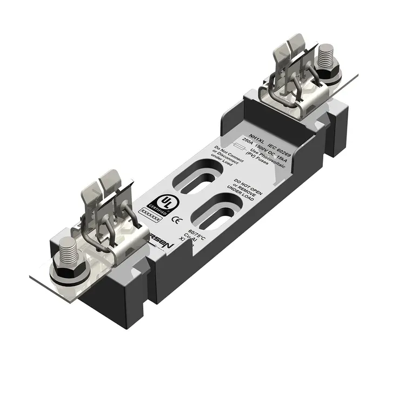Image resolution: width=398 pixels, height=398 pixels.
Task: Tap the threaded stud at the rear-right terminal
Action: click(x=326, y=59)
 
